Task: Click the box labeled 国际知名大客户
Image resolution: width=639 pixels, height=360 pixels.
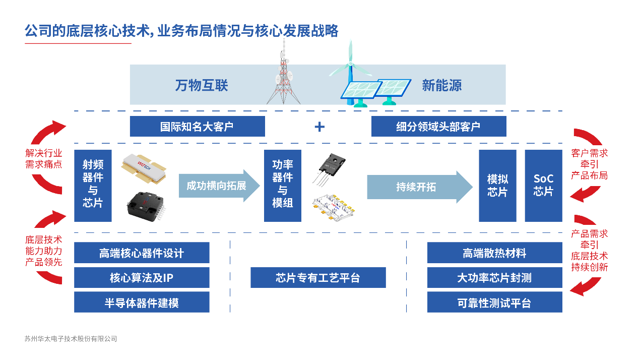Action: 198,126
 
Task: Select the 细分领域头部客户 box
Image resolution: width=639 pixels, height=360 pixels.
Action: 439,126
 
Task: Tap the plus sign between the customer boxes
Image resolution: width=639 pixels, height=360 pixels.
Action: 319,127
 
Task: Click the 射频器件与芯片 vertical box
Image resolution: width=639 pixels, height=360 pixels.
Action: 93,186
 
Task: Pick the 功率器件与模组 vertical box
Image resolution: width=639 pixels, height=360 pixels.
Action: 282,186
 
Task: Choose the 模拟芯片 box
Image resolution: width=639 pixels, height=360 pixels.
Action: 497,186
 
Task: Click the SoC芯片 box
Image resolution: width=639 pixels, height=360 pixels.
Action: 543,186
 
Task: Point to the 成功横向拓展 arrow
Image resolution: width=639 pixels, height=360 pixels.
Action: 219,186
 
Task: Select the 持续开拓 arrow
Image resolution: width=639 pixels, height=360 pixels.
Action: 420,187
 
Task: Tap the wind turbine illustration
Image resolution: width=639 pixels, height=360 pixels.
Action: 351,72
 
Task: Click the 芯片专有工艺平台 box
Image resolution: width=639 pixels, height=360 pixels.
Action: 318,277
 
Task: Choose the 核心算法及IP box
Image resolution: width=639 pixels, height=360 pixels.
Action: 142,277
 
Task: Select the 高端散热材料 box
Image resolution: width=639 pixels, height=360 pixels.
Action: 495,253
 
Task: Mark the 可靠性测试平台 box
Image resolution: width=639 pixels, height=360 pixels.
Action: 495,302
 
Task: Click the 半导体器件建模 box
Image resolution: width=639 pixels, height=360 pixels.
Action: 142,302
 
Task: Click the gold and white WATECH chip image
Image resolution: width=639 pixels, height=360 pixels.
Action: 144,168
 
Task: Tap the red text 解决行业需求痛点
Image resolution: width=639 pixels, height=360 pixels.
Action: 44,159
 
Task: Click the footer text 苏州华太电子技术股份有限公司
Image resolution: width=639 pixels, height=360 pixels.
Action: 71,339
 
